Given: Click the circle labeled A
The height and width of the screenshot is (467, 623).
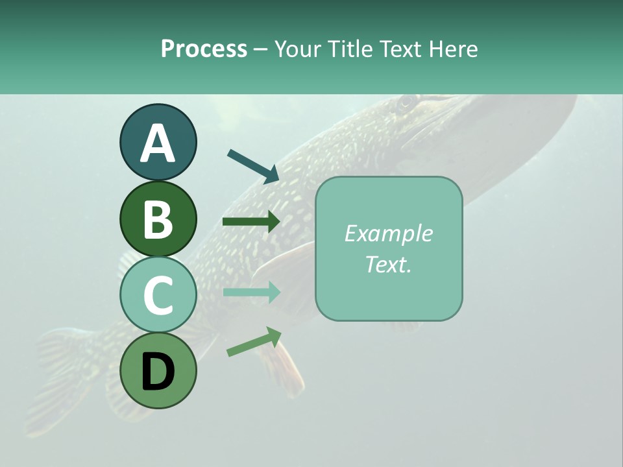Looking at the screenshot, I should (x=158, y=142).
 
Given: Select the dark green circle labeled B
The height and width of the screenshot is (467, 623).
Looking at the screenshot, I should (x=158, y=219).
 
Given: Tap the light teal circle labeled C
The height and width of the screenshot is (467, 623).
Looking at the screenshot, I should (x=158, y=294).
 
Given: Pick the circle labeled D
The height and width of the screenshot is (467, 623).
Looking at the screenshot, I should (x=158, y=370).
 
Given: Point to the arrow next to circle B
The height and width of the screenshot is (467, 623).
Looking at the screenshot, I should (x=251, y=222).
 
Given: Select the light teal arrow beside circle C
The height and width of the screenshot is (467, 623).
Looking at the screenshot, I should (x=251, y=292).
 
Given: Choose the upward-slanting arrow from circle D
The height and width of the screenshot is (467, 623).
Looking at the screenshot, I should (x=254, y=342).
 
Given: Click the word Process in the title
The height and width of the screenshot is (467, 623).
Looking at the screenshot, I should (x=204, y=49).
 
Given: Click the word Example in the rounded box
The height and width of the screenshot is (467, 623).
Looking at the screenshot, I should (x=388, y=233).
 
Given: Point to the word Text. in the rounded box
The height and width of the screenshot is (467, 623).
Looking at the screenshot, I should (x=388, y=265).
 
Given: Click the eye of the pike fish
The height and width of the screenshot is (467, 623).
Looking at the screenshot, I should (x=407, y=102).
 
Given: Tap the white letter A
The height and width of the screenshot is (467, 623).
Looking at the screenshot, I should (x=158, y=143).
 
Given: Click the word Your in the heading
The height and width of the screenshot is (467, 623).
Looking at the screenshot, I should (x=299, y=49).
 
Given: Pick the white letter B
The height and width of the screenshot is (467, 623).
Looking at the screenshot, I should (x=158, y=219).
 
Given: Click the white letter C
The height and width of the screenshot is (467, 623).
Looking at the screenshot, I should (x=158, y=295).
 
